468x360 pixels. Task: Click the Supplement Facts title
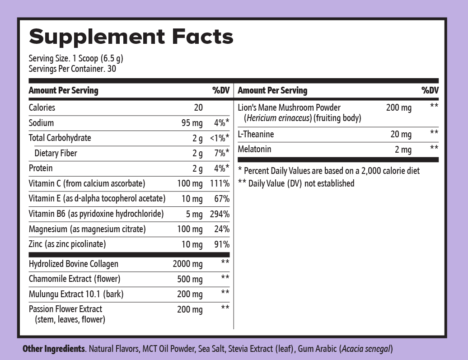tap(131, 37)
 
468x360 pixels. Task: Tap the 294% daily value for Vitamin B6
tap(220, 214)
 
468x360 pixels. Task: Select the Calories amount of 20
tap(198, 108)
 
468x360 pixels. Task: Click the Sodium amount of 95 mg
tap(192, 123)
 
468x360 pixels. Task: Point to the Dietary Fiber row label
tap(56, 153)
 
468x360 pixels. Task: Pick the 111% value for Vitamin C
tap(220, 184)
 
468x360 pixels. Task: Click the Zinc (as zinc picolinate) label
tap(67, 244)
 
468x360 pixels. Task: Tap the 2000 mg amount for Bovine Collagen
tap(187, 264)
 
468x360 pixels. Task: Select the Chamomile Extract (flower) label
tap(75, 279)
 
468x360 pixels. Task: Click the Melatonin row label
tap(254, 149)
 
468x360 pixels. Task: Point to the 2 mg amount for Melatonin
tap(403, 150)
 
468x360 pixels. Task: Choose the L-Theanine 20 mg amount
tap(401, 134)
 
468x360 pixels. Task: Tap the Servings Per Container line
tap(72, 69)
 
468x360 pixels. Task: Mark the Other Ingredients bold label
tap(54, 349)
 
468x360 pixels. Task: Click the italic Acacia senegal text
tap(366, 349)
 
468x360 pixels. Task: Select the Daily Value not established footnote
tap(296, 183)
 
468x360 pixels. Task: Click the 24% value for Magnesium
tap(222, 229)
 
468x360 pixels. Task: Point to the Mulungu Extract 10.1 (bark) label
tap(76, 294)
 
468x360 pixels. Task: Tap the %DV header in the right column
tap(430, 90)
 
